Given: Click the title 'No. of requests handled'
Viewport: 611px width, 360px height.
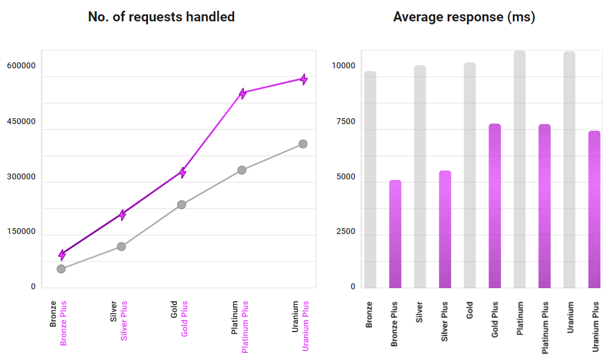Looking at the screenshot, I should click(x=161, y=17).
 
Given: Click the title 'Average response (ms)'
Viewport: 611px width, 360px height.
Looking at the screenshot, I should click(x=464, y=17).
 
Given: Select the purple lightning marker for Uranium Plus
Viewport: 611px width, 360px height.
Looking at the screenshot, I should click(x=303, y=79).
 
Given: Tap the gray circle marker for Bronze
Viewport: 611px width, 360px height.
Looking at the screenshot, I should click(x=61, y=269).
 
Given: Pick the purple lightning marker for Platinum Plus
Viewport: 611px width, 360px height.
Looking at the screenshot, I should click(x=242, y=93).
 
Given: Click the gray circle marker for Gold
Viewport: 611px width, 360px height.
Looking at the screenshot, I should click(x=182, y=205).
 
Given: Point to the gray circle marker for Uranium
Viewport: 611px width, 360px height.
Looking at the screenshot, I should click(x=303, y=144).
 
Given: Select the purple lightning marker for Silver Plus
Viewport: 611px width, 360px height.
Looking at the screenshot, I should click(x=122, y=215).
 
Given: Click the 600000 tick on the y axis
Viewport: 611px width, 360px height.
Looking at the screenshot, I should click(x=21, y=65).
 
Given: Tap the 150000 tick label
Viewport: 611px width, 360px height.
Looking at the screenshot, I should click(x=21, y=232).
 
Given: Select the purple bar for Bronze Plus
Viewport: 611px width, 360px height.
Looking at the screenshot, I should click(x=395, y=234).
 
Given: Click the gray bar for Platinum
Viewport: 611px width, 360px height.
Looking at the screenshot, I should click(x=519, y=169).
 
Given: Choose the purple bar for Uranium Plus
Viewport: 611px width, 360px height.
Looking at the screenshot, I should click(x=594, y=209).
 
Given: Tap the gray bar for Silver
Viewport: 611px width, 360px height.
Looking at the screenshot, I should click(x=420, y=176).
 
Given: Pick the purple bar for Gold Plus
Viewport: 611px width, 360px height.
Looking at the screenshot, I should click(x=495, y=206).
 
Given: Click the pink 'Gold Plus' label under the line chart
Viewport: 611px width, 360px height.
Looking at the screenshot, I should click(x=184, y=319).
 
